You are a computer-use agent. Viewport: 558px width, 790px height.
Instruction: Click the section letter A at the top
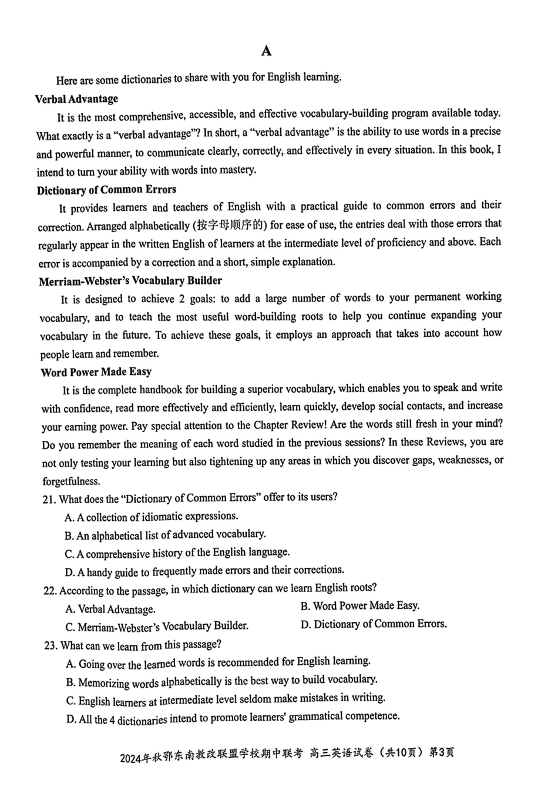tap(266, 51)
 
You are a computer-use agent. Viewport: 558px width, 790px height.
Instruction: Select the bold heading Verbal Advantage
tap(76, 99)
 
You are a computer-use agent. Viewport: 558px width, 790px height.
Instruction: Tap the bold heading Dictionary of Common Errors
tap(106, 190)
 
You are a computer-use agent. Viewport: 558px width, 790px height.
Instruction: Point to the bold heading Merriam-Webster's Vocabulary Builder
tap(130, 281)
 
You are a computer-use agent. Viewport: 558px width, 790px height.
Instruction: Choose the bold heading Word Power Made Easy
tap(96, 372)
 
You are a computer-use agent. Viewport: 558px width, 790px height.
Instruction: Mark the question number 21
tap(49, 500)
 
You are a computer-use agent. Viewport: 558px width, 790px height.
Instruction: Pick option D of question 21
tap(204, 571)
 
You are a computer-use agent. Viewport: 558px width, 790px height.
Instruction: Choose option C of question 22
tap(157, 627)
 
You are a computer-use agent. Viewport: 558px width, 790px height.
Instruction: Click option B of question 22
tap(359, 606)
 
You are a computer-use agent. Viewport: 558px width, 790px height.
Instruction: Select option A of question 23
tap(218, 663)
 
